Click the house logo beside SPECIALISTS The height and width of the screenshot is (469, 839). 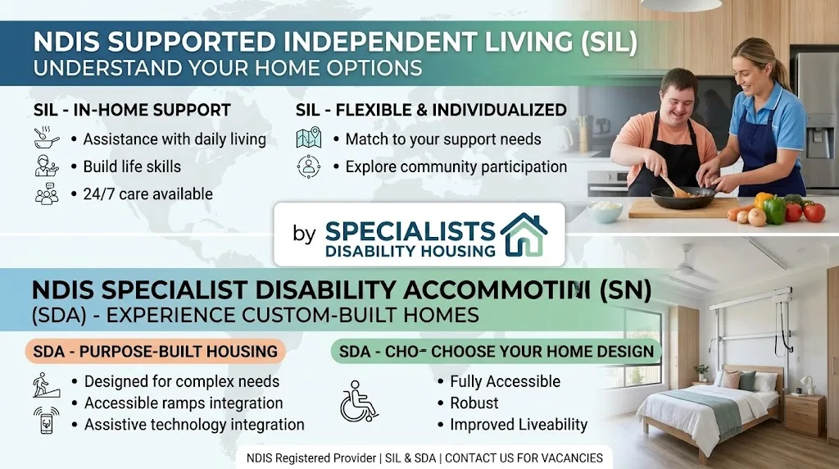[x=524, y=234]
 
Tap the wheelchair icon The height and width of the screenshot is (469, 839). [x=359, y=401]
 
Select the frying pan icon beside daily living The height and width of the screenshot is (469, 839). [x=47, y=138]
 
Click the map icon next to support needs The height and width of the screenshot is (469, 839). [x=309, y=138]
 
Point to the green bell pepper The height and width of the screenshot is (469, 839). [x=774, y=210]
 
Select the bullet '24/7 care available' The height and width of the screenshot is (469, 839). [x=147, y=194]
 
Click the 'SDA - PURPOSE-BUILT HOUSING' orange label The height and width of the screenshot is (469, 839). [x=155, y=351]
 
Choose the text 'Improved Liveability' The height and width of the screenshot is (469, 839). [x=519, y=425]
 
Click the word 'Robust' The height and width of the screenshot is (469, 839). [x=474, y=403]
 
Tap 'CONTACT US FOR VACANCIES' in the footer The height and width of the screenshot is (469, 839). [x=524, y=458]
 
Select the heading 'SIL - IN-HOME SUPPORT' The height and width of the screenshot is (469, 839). [x=132, y=111]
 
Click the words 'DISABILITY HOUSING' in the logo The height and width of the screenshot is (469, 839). [x=410, y=251]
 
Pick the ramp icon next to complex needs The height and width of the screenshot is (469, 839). [x=47, y=385]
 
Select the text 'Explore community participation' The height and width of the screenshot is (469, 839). [x=456, y=166]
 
